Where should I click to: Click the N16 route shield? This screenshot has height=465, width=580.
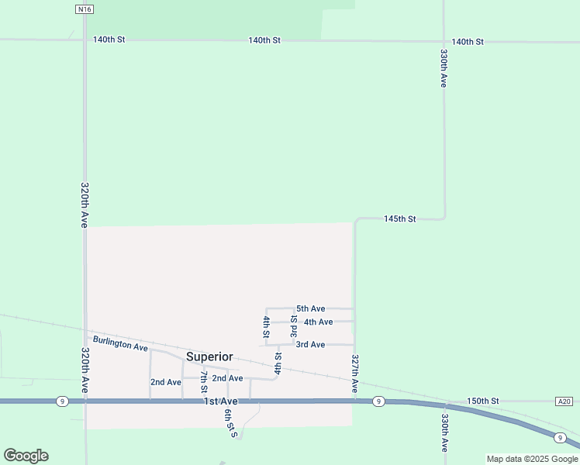[85, 9]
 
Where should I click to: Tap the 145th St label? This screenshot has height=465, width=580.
[400, 219]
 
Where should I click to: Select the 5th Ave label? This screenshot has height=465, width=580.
[310, 308]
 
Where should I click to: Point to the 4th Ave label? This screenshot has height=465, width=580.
[318, 322]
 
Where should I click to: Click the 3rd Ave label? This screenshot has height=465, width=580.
[310, 344]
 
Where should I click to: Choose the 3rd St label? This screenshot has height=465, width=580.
[294, 325]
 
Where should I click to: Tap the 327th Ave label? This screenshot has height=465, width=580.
[354, 373]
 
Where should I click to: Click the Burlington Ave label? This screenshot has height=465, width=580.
[120, 343]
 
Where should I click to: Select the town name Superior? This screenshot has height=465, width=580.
[209, 356]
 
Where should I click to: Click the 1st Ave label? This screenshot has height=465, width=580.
[221, 401]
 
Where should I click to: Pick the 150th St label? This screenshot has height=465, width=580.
[483, 401]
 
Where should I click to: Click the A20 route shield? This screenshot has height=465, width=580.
[564, 401]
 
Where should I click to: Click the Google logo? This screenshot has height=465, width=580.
[26, 456]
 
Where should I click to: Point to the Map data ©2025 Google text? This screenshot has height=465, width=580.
[532, 459]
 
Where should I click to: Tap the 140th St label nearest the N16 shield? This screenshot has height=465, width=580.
[109, 39]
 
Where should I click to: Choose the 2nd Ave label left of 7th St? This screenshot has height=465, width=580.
[166, 382]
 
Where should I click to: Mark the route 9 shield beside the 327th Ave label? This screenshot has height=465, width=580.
[378, 401]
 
